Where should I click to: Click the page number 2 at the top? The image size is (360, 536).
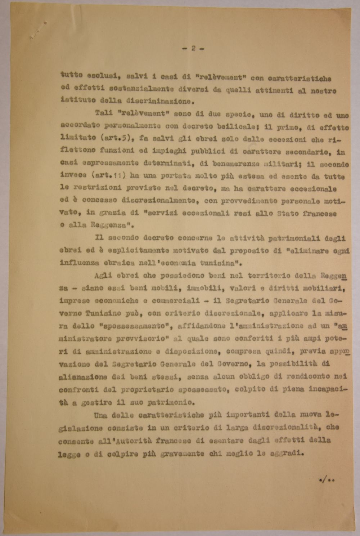[x=193, y=49]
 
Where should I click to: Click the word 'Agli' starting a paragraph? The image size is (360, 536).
[x=103, y=276]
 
